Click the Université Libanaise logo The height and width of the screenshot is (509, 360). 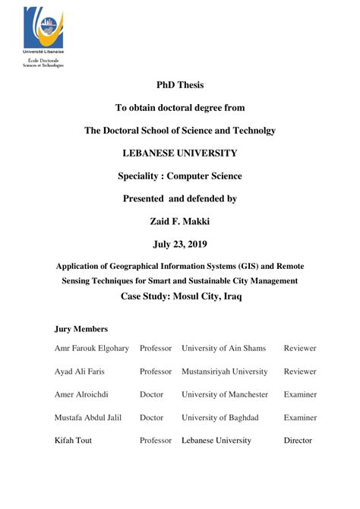pos(43,30)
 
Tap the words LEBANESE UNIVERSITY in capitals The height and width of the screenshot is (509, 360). pos(179,153)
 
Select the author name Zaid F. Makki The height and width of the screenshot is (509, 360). pos(179,221)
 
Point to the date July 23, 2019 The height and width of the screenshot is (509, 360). pos(179,244)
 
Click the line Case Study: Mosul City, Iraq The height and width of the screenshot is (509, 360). pos(180,296)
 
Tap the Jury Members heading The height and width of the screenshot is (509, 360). pos(81,329)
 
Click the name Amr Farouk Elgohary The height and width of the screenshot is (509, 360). pos(92,348)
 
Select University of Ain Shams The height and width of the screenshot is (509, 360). pos(223,348)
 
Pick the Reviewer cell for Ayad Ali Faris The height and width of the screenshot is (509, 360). pos(300,371)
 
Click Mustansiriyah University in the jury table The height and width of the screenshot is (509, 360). pos(224,371)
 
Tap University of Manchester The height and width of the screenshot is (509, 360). pos(225,394)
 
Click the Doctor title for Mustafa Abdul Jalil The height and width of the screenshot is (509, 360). pos(152,417)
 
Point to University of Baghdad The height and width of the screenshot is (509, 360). pos(220,417)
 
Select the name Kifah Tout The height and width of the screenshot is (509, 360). pos(73,440)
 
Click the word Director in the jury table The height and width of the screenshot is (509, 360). pos(298,440)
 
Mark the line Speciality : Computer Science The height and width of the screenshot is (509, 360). pos(179,175)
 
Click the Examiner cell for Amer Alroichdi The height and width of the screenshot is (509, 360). pos(300,394)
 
